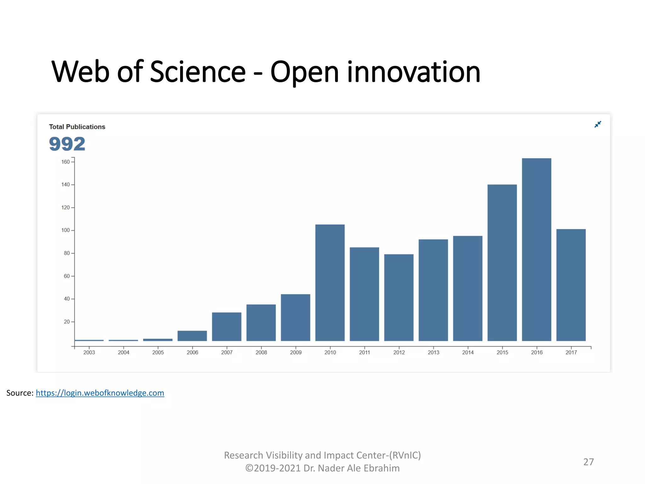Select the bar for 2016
(x=536, y=249)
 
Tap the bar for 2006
(x=192, y=336)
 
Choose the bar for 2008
(x=261, y=322)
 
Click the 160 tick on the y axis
(x=66, y=162)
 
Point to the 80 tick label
(x=67, y=253)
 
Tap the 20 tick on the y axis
(x=67, y=322)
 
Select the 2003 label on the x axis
(x=89, y=353)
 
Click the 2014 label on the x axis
(x=468, y=353)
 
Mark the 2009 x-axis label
(x=296, y=353)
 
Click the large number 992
(x=67, y=144)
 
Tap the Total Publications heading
(x=77, y=127)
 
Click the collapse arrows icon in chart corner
(x=597, y=124)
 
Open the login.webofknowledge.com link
(x=100, y=393)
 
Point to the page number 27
(x=588, y=462)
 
